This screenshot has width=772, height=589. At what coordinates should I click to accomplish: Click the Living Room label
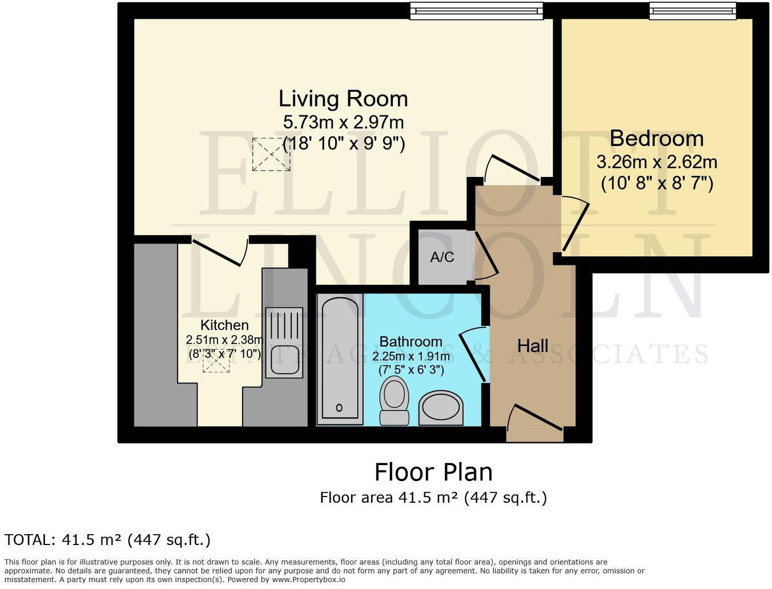pyautogui.click(x=343, y=99)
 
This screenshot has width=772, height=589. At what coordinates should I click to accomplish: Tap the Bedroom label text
pyautogui.click(x=656, y=139)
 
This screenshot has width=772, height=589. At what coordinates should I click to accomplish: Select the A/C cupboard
pyautogui.click(x=442, y=257)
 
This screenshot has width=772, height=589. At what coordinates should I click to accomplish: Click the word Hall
pyautogui.click(x=532, y=345)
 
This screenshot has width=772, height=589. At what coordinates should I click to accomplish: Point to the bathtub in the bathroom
pyautogui.click(x=340, y=359)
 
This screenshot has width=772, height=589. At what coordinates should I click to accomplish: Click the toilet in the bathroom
pyautogui.click(x=394, y=400)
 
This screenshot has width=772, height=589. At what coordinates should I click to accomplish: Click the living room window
pyautogui.click(x=476, y=10)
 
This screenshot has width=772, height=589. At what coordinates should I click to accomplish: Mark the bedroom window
pyautogui.click(x=692, y=10)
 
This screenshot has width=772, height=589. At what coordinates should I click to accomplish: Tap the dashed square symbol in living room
pyautogui.click(x=271, y=154)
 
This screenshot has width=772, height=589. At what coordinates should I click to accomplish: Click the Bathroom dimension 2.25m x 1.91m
pyautogui.click(x=411, y=357)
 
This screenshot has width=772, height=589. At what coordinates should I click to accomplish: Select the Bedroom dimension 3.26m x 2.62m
pyautogui.click(x=657, y=163)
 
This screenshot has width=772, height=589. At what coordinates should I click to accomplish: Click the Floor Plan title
pyautogui.click(x=433, y=473)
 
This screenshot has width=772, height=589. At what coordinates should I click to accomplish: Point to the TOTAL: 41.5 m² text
pyautogui.click(x=107, y=539)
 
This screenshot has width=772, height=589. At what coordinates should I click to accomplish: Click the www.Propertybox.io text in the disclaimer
pyautogui.click(x=308, y=579)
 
